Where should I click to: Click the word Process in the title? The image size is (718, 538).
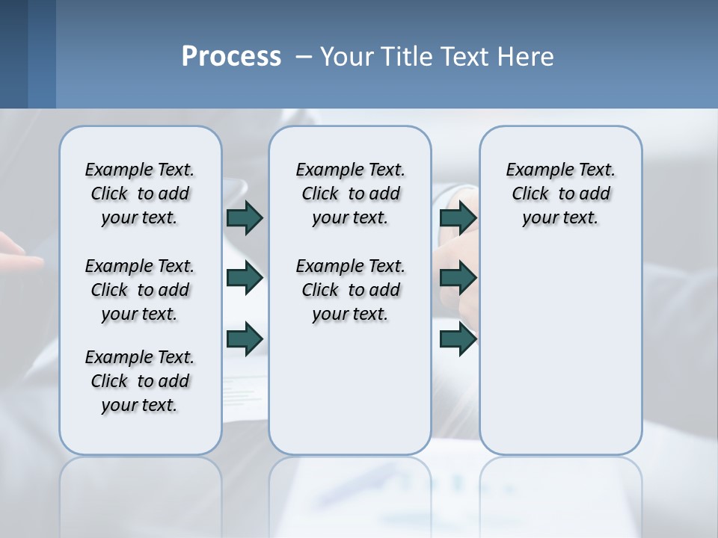(231, 56)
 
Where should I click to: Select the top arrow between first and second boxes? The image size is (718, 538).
(245, 217)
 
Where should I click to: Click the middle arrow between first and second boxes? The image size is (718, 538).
(245, 278)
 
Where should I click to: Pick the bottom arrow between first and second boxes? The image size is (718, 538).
(245, 338)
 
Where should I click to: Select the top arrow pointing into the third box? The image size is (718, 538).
(458, 217)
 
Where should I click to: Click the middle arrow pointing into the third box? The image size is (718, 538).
(458, 278)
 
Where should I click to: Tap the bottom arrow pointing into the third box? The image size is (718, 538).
(458, 338)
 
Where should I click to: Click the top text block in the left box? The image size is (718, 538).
(140, 194)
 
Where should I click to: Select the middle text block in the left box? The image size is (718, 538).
(140, 290)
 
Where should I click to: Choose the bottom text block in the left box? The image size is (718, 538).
(140, 381)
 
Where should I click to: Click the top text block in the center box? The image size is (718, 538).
(350, 194)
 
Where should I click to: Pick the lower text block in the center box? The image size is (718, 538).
(350, 290)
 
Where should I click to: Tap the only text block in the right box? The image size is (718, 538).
(560, 194)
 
